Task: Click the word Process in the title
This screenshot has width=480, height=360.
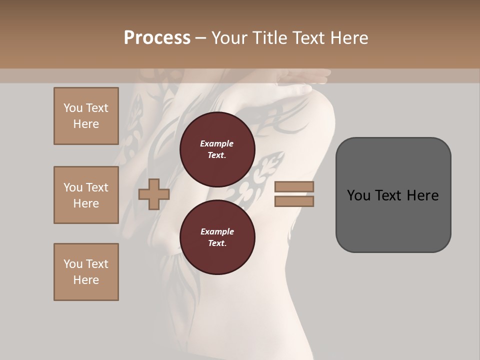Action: pos(157,37)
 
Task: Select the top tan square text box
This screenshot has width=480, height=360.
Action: pos(86,116)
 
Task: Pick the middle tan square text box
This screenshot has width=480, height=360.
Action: pos(86,195)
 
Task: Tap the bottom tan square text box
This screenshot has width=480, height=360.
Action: pos(86,272)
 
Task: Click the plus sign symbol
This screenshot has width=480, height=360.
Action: pos(153,194)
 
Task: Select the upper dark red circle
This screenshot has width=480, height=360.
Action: pos(217,149)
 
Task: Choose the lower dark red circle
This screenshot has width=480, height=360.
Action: pos(217,237)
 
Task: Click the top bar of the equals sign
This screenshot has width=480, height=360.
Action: pos(294,187)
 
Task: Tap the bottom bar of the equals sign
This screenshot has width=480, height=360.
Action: pos(294,201)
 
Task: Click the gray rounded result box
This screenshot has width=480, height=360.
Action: pos(393,195)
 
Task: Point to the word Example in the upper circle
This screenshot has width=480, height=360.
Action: pos(217,143)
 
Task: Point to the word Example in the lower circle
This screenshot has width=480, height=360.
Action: pos(217,231)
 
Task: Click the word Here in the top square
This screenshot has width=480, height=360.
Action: pos(86,124)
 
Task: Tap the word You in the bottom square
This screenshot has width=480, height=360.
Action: pos(73,264)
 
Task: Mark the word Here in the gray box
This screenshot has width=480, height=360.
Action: pos(423,195)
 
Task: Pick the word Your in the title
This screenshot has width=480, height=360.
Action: pos(230,37)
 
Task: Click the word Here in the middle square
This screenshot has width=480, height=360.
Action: pos(86,203)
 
